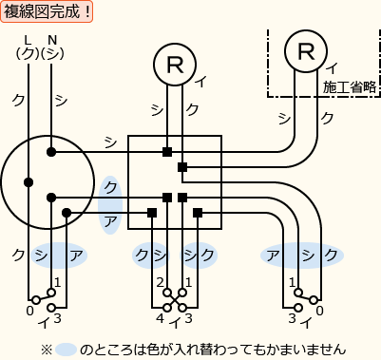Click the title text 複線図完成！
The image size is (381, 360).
(x=48, y=12)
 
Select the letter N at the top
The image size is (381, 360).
(x=52, y=39)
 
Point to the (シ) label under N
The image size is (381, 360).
(x=53, y=53)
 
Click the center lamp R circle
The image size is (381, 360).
(x=175, y=64)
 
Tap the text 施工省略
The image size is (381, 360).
(x=350, y=86)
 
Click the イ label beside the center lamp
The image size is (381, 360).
(x=200, y=82)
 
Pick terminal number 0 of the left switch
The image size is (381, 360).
(x=29, y=311)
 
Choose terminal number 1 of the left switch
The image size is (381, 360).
(x=57, y=283)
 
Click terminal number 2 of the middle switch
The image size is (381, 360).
(x=160, y=283)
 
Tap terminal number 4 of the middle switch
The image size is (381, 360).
(x=160, y=317)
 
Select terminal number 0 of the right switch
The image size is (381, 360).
(x=319, y=311)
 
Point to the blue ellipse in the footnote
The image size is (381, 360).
(x=66, y=349)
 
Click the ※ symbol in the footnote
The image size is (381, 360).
(x=46, y=349)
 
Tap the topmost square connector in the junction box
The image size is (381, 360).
(x=167, y=152)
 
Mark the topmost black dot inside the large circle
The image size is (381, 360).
(x=51, y=152)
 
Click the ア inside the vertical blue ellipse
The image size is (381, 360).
(x=111, y=219)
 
